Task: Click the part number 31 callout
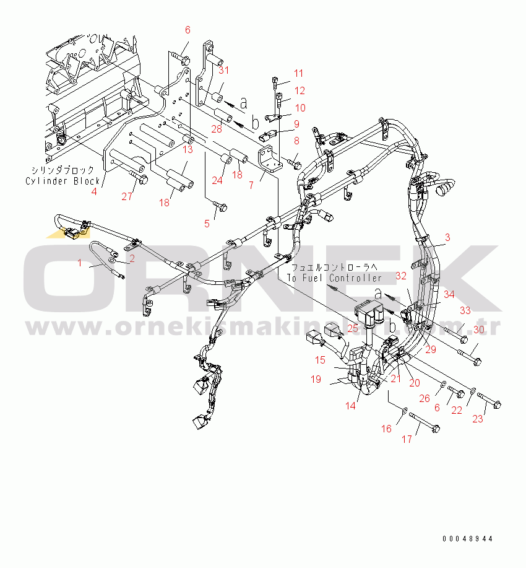click(x=223, y=70)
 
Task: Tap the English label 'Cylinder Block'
click(x=63, y=180)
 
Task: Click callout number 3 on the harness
click(x=448, y=238)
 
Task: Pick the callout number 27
click(x=127, y=197)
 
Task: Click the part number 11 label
click(x=299, y=73)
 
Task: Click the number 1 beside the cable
click(x=79, y=263)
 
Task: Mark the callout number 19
click(x=316, y=378)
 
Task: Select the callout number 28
click(x=216, y=129)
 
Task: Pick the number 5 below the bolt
click(x=207, y=224)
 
